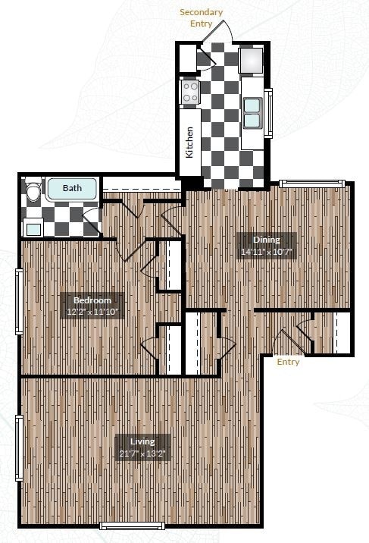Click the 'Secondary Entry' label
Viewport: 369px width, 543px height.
(201, 17)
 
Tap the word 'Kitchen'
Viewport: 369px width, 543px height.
(189, 142)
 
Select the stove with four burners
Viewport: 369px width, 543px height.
(189, 93)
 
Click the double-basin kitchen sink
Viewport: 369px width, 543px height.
(252, 113)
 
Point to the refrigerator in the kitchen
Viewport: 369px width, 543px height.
(252, 60)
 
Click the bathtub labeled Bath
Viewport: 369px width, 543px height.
(72, 189)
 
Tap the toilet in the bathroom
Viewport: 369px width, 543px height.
(33, 191)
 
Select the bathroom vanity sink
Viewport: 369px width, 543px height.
(33, 227)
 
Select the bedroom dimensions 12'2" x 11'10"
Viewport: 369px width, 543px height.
(92, 311)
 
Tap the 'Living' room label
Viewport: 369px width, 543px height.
(142, 441)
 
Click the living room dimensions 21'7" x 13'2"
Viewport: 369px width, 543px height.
(142, 454)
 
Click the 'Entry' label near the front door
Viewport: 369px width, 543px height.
(288, 362)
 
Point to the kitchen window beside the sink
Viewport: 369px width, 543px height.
(268, 113)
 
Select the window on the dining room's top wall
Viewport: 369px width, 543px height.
(311, 183)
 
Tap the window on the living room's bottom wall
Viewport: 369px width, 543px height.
(132, 526)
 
